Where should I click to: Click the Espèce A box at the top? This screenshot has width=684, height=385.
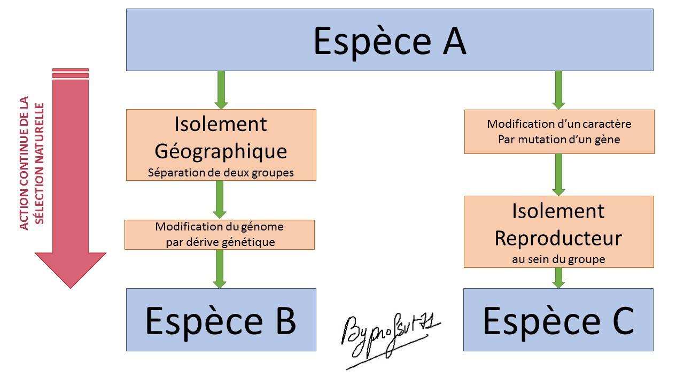pyautogui.click(x=389, y=40)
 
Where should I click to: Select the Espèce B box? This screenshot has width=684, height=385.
pyautogui.click(x=221, y=320)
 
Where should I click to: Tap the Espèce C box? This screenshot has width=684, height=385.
pyautogui.click(x=558, y=320)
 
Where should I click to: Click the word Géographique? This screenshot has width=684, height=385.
pyautogui.click(x=221, y=151)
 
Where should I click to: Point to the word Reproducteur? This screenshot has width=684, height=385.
pyautogui.click(x=558, y=238)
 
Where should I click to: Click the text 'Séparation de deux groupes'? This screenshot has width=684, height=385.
pyautogui.click(x=221, y=172)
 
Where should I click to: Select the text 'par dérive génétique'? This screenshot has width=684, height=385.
pyautogui.click(x=220, y=242)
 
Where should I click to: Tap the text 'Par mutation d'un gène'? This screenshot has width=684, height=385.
pyautogui.click(x=559, y=140)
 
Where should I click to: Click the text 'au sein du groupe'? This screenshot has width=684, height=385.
pyautogui.click(x=558, y=259)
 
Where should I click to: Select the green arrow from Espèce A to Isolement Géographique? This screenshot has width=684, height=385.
pyautogui.click(x=221, y=90)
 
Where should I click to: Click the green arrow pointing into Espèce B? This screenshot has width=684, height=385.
pyautogui.click(x=220, y=269)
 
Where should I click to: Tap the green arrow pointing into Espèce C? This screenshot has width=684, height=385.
pyautogui.click(x=558, y=278)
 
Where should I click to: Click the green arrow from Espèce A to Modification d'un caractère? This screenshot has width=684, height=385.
pyautogui.click(x=558, y=90)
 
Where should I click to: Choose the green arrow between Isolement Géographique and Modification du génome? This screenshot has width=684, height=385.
pyautogui.click(x=220, y=199)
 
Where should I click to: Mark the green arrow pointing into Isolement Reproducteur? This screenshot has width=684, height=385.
pyautogui.click(x=558, y=174)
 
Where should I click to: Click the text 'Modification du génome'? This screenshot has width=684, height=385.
pyautogui.click(x=219, y=227)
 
